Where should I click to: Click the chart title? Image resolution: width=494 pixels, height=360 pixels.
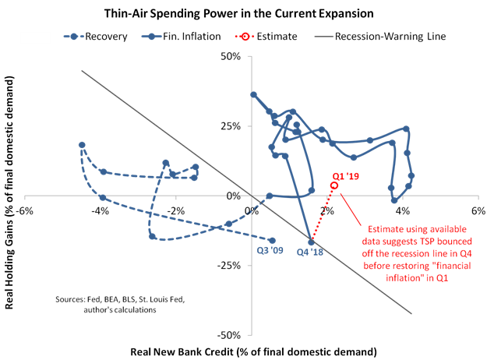tap(238, 13)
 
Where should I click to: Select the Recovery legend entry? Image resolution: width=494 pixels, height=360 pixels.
tap(96, 37)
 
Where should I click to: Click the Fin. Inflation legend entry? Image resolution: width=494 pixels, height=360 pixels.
tap(181, 37)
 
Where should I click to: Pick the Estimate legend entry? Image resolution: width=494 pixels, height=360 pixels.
tap(266, 37)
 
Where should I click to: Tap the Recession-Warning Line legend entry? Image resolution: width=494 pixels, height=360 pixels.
tap(380, 37)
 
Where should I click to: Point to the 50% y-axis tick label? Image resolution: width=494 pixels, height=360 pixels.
tap(231, 57)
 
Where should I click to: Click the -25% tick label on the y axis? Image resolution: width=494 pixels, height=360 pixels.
tap(229, 266)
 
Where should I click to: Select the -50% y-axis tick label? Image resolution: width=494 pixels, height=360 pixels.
tap(229, 335)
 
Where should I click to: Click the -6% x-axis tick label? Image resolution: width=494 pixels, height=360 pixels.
tap(25, 210)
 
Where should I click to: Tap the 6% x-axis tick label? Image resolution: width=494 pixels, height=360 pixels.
tap(478, 210)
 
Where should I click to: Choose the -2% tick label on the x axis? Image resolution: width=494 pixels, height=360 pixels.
tap(176, 210)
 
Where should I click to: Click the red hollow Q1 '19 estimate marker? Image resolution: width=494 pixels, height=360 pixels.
tap(334, 185)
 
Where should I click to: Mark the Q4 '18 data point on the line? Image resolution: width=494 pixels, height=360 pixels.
tap(311, 242)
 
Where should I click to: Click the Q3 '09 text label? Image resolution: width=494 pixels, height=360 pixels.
tap(270, 250)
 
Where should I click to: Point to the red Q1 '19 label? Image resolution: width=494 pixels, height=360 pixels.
tap(346, 176)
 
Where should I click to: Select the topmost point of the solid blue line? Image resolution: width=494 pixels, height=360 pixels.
tap(253, 95)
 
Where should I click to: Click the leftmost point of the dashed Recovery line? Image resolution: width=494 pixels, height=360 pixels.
tap(82, 145)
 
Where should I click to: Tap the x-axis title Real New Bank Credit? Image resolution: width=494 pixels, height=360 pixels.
tap(253, 351)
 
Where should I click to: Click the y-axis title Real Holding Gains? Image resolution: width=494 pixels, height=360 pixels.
tap(9, 192)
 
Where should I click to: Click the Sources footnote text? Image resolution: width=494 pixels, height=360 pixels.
tap(120, 305)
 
